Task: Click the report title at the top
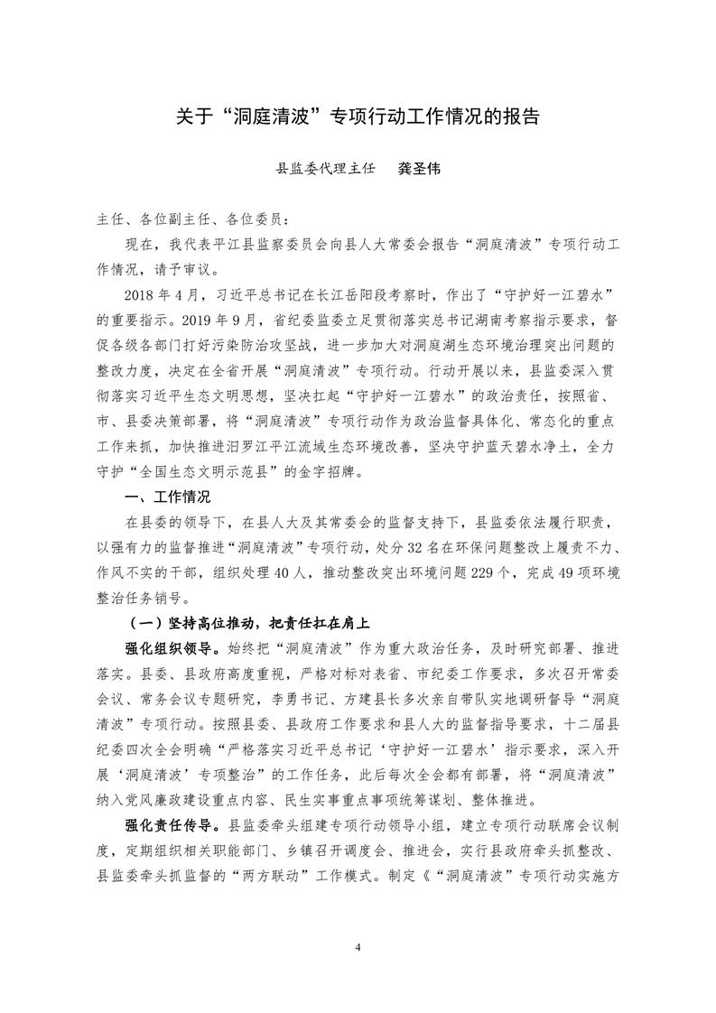[x=358, y=116]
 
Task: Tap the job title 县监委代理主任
[x=324, y=168]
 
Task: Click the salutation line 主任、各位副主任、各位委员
[x=189, y=219]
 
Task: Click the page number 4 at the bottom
[x=358, y=948]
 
